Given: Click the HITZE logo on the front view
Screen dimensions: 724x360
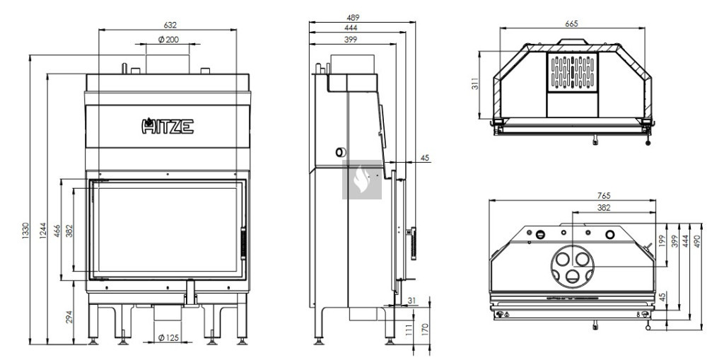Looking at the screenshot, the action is pyautogui.click(x=167, y=126).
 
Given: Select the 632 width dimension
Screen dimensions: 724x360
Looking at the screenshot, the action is pyautogui.click(x=170, y=25).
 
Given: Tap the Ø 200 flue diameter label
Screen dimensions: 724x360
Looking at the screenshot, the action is pyautogui.click(x=168, y=40).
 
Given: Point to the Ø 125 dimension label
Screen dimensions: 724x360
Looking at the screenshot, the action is pyautogui.click(x=168, y=338).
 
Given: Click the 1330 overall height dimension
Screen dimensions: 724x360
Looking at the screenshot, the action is pyautogui.click(x=25, y=231).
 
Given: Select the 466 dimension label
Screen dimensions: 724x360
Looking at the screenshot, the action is pyautogui.click(x=57, y=231).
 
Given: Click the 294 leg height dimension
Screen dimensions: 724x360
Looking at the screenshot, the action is pyautogui.click(x=69, y=317).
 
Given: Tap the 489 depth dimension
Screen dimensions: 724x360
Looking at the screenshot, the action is pyautogui.click(x=354, y=18).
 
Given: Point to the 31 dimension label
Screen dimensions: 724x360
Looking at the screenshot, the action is pyautogui.click(x=412, y=301).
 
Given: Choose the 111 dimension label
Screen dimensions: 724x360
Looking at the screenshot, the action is pyautogui.click(x=409, y=330).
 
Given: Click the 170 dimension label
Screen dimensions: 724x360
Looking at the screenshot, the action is pyautogui.click(x=425, y=330).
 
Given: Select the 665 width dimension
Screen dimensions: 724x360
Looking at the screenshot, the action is pyautogui.click(x=571, y=24).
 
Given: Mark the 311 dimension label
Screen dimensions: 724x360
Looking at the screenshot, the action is pyautogui.click(x=475, y=83).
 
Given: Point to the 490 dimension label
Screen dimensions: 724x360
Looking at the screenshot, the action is pyautogui.click(x=697, y=240).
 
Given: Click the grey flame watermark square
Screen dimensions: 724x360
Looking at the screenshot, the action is pyautogui.click(x=362, y=180).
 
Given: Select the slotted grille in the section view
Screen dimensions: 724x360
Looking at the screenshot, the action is pyautogui.click(x=573, y=72).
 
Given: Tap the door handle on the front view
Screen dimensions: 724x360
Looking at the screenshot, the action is pyautogui.click(x=244, y=243).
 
